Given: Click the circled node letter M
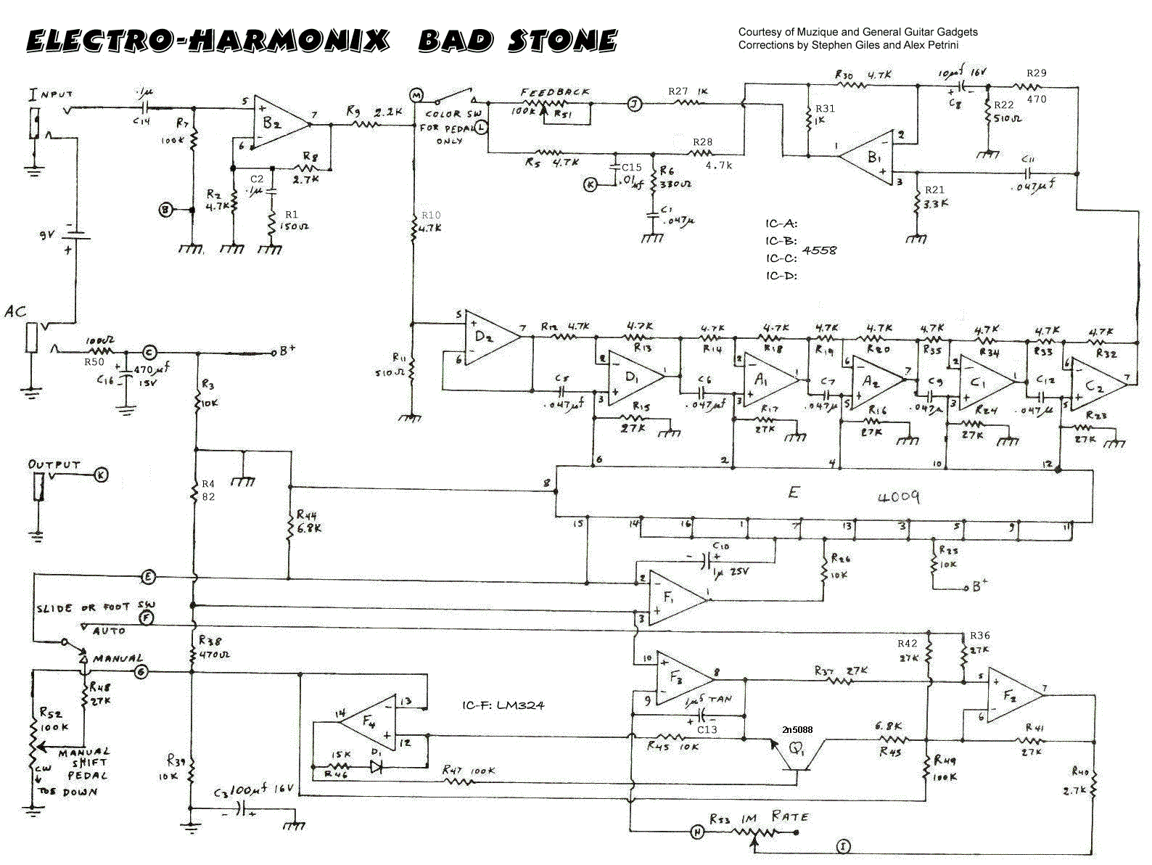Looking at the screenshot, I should [x=416, y=95].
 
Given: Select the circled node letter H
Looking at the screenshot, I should [x=696, y=832].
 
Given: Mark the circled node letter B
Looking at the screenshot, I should [x=167, y=210].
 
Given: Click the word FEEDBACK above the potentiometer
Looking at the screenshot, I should [x=555, y=92].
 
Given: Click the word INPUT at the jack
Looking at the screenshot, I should [x=50, y=94].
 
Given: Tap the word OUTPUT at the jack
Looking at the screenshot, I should [x=54, y=464].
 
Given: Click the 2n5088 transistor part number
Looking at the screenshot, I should [x=797, y=729].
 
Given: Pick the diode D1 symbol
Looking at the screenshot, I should [x=376, y=766].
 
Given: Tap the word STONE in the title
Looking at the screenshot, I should [x=561, y=41].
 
